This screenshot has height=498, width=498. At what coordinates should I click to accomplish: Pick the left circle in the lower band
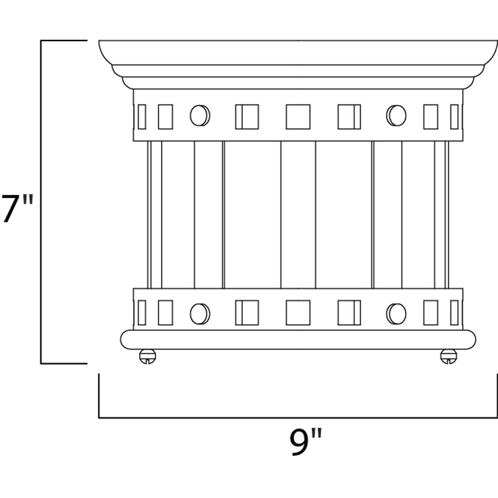200,313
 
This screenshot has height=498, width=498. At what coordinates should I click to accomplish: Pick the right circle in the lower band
396,313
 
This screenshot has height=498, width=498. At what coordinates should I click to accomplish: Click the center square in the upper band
298,117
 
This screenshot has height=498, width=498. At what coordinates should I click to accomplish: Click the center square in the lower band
298,313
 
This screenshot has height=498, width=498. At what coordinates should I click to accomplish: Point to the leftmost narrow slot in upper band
142,117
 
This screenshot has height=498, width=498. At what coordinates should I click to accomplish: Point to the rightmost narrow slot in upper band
454,117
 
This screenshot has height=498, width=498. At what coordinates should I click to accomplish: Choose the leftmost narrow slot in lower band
142,313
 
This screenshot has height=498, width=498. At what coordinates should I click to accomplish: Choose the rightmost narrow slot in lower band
454,313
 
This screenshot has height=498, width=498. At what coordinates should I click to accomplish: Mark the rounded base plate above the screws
298,339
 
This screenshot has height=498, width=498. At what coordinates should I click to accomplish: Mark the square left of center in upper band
247,117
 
